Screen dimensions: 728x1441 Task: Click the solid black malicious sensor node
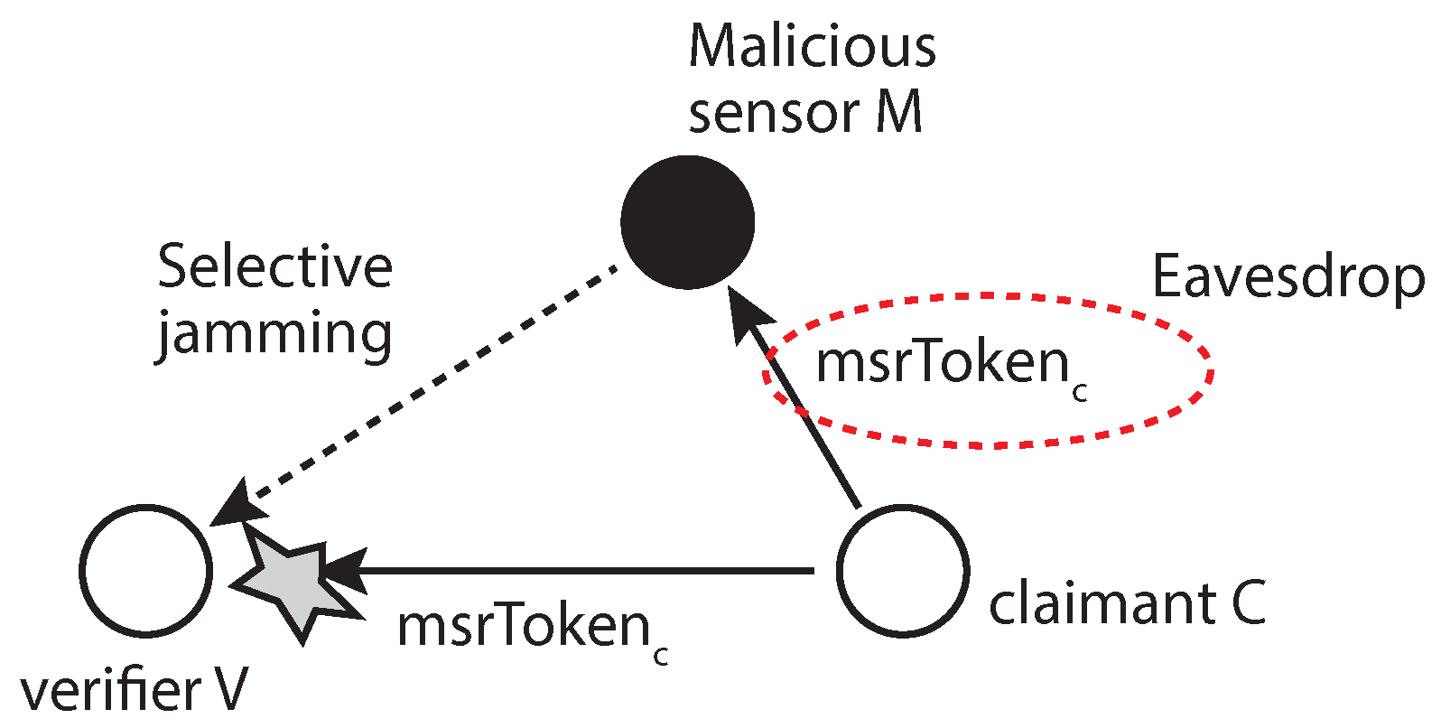pos(688,222)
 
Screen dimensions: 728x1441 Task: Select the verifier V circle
pos(146,570)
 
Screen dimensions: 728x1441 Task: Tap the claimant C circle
pos(902,570)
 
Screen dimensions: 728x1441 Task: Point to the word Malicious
pos(812,46)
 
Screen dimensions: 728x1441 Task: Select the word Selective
pos(274,267)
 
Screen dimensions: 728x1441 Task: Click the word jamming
pos(274,334)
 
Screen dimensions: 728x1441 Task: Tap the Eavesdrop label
pos(1288,276)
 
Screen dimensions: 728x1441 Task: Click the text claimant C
pos(1128,603)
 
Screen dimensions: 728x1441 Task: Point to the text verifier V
pos(134,692)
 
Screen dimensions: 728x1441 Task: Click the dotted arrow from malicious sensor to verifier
pos(433,379)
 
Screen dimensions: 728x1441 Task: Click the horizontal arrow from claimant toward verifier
pos(587,571)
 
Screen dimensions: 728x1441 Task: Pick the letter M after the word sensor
pos(898,113)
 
